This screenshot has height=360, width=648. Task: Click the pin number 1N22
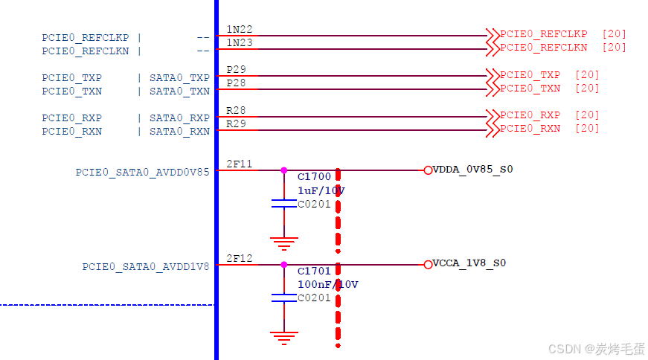[x=239, y=29]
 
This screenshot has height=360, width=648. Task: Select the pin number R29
[x=236, y=123]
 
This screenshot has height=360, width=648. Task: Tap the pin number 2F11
[x=239, y=164]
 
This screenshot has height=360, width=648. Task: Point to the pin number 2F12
[x=239, y=258]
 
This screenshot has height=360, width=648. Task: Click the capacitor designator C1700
[x=313, y=178]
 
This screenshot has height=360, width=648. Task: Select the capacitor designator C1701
[x=313, y=271]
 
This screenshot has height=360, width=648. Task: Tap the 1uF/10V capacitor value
[x=321, y=190]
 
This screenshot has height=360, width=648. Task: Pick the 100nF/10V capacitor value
[x=327, y=284]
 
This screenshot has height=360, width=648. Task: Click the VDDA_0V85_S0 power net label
[x=472, y=169]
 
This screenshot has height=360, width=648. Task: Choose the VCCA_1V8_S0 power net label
[x=469, y=263]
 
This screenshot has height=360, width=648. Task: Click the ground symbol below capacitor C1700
[x=283, y=241]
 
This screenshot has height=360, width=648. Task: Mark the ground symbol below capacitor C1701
[x=283, y=337]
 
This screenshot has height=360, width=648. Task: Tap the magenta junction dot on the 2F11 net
[x=283, y=170]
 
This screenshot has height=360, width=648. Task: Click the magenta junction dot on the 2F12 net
[x=283, y=264]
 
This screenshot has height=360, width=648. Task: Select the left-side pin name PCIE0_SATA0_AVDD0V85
[x=142, y=172]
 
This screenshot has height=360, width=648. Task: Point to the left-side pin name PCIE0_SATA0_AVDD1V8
[x=146, y=266]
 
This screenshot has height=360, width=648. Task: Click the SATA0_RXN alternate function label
[x=179, y=132]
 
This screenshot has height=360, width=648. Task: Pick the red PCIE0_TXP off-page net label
[x=530, y=75]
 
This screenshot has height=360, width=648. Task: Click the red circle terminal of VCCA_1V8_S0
[x=428, y=264]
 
